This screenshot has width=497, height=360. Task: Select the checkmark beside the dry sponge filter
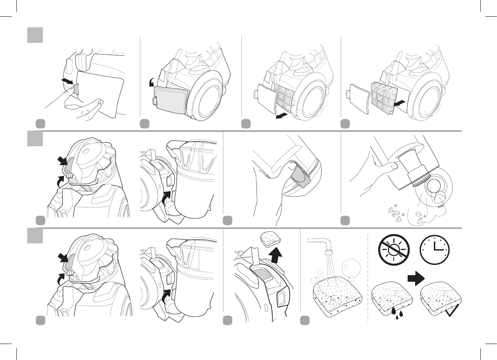[453, 312]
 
